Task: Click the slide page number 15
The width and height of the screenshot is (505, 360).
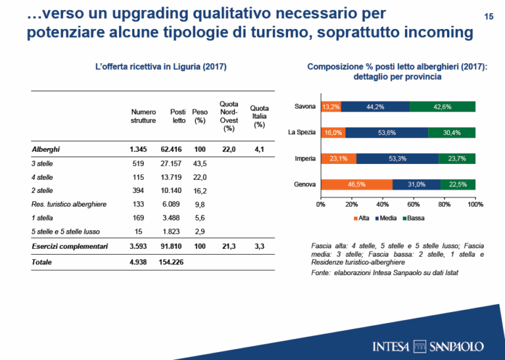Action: pyautogui.click(x=488, y=16)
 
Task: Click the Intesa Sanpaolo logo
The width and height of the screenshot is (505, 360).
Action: pyautogui.click(x=427, y=346)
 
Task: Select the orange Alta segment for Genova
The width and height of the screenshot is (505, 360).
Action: pyautogui.click(x=356, y=184)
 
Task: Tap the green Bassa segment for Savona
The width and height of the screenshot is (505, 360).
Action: pyautogui.click(x=442, y=107)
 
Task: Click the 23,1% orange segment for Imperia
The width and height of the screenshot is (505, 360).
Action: pyautogui.click(x=339, y=159)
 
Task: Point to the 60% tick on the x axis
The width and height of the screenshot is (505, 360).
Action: pyautogui.click(x=414, y=205)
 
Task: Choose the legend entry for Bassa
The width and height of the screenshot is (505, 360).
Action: pyautogui.click(x=413, y=217)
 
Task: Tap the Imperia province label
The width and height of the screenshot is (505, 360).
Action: pyautogui.click(x=306, y=159)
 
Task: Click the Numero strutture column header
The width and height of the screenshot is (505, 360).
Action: pyautogui.click(x=143, y=116)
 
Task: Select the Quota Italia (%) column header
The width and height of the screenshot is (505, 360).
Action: pyautogui.click(x=260, y=116)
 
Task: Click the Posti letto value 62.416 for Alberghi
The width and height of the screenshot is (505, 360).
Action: pyautogui.click(x=174, y=150)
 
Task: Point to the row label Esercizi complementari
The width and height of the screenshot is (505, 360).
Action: pyautogui.click(x=68, y=247)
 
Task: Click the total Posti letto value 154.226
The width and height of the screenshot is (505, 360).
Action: pyautogui.click(x=172, y=262)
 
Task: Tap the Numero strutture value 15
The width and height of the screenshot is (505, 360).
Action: pyautogui.click(x=137, y=232)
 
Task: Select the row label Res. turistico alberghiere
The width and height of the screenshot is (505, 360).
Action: pyautogui.click(x=69, y=205)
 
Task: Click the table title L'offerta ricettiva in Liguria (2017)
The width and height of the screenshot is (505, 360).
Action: pyautogui.click(x=152, y=67)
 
